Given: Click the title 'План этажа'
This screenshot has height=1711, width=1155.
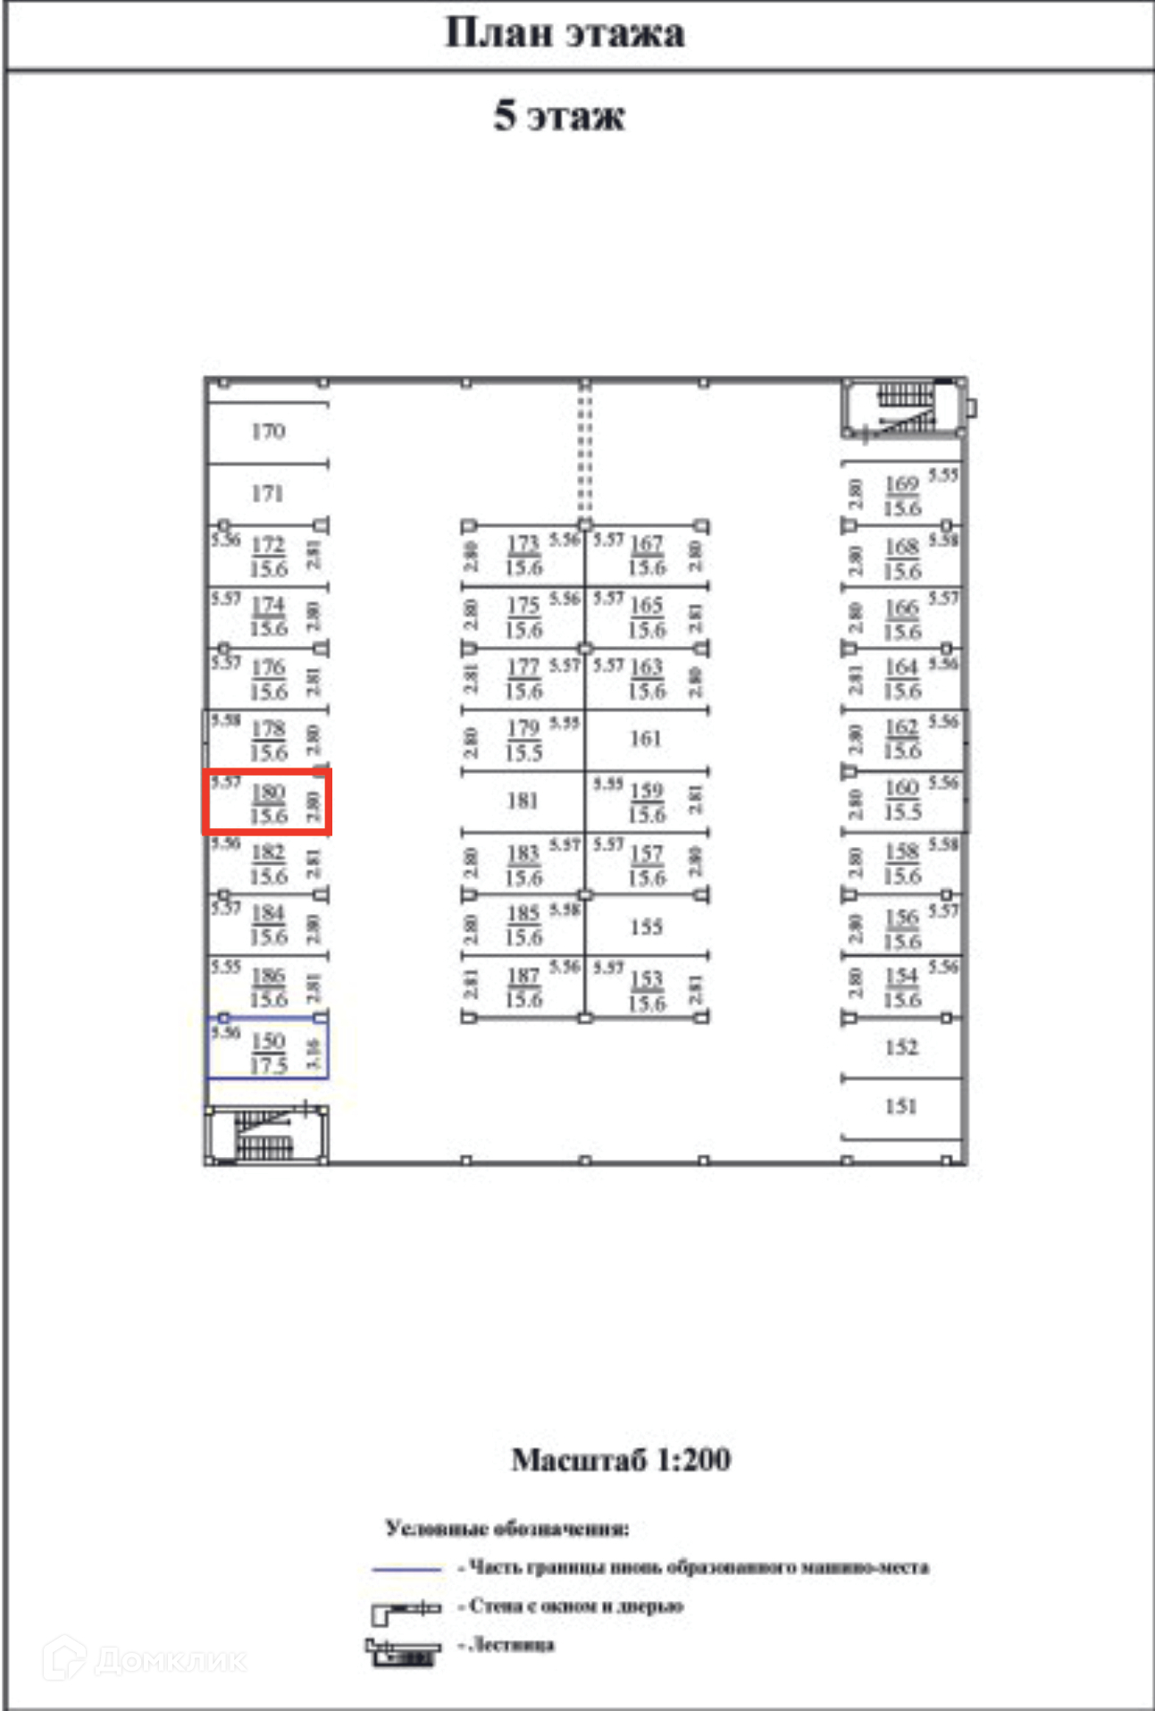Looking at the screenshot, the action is [565, 33].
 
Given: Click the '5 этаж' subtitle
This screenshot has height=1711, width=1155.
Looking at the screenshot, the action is [559, 116].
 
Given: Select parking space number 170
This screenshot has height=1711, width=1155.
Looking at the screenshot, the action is [268, 432].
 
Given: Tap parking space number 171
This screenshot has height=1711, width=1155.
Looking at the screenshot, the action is [267, 493].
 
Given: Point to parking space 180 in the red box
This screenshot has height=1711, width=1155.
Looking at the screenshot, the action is [267, 802].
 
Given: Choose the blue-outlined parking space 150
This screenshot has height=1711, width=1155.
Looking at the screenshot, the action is [267, 1048].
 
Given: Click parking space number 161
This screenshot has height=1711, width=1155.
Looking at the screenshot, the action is [646, 739].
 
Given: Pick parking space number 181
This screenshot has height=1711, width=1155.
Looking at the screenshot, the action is [523, 801].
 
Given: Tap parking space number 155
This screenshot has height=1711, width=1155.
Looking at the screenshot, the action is [646, 927].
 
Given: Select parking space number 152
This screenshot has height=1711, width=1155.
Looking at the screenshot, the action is [901, 1046].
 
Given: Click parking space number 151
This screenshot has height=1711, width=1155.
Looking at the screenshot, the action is [901, 1106].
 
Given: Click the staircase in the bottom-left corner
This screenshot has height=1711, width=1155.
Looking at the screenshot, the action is [265, 1136].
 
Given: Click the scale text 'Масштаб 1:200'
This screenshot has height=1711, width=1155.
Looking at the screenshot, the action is [621, 1460].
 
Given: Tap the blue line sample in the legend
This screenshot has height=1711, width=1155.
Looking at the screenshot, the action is [406, 1569].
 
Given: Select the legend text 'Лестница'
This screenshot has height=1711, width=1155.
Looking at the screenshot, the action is [512, 1645].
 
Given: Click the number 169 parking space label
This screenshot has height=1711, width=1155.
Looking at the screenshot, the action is [901, 484].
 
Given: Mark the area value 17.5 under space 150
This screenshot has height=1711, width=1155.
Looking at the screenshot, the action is [268, 1065].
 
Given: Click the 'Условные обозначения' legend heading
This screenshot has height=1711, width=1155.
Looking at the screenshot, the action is [506, 1529].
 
